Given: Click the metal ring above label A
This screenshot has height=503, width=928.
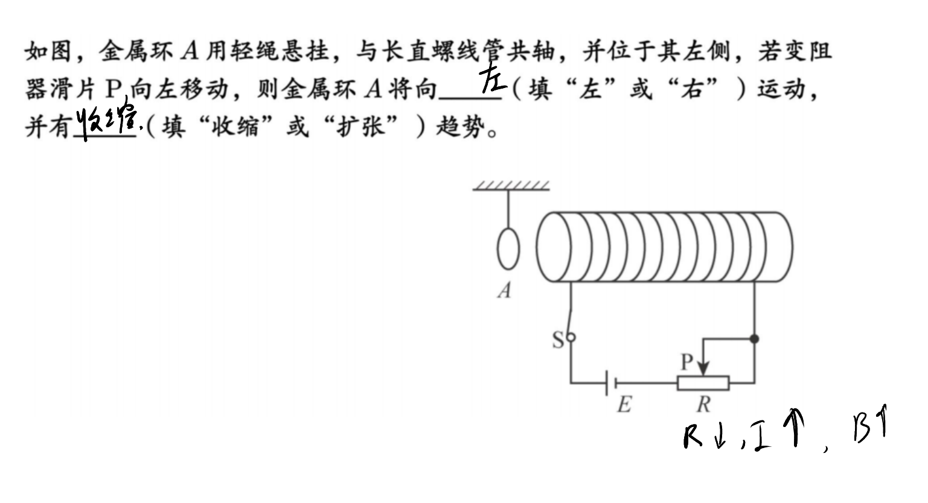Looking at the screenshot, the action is coord(498,248).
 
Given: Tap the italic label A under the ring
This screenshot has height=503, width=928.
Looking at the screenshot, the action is coord(505,290).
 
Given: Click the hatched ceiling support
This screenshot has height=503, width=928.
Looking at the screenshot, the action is coord(511,186).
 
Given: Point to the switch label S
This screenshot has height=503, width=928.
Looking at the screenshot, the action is coord(558,340).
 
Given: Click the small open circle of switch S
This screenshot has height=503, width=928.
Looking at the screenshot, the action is coord(571,337).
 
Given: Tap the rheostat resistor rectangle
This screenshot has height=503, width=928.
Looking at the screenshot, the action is coord(703,383).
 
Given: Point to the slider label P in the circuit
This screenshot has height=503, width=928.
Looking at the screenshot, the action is coord(687,362).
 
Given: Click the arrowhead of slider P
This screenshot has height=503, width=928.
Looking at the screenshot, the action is coord(703,369).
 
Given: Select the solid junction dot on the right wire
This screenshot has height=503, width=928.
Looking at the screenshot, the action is coord(754,338).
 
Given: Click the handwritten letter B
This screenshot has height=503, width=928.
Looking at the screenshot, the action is coord(861,429).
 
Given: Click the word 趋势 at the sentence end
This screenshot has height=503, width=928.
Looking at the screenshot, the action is coord(460,126).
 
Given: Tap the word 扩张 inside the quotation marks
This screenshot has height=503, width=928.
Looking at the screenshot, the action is coord(360,126).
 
